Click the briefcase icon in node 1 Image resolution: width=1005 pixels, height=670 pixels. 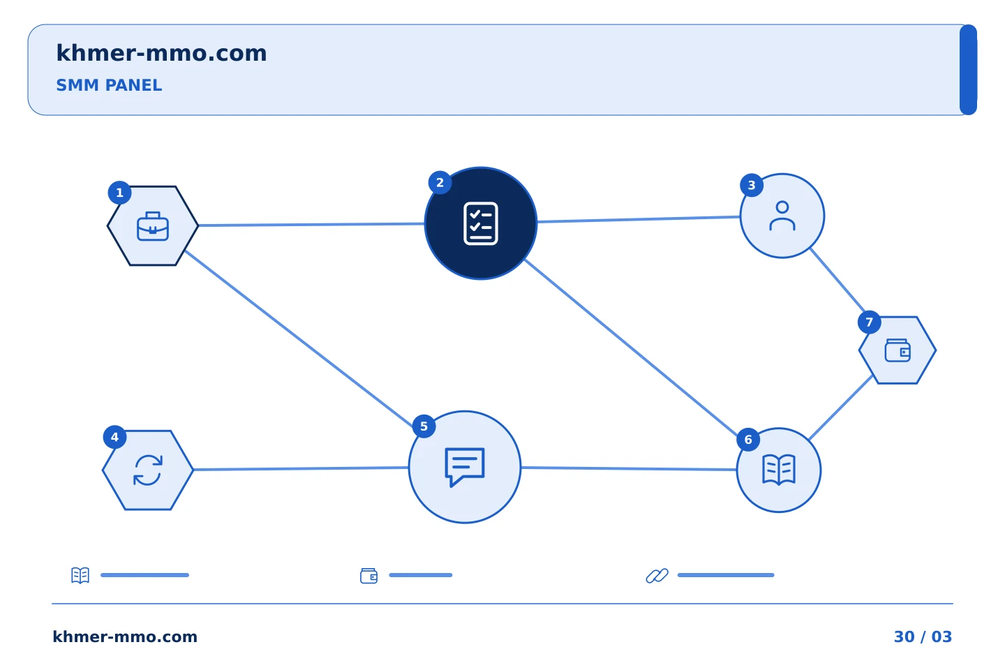point(153,226)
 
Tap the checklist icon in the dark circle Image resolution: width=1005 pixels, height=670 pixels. point(480,223)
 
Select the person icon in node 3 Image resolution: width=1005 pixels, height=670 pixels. point(782,216)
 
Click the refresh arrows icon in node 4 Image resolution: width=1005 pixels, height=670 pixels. point(148,470)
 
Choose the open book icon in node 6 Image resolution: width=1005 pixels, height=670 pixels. point(779,470)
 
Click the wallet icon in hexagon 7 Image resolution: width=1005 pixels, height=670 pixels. point(898,350)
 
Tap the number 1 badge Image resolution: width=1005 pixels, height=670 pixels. point(119,193)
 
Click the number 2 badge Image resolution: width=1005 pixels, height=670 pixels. point(440,183)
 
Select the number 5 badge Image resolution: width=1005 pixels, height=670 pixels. point(424,426)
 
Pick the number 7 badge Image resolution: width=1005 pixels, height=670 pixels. point(869,322)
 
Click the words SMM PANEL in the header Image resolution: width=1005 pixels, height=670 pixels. point(109,85)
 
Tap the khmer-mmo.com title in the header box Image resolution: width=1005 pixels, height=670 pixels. point(161,53)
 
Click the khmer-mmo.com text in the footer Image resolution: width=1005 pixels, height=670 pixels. point(125,636)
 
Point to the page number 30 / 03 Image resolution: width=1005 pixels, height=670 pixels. point(923,636)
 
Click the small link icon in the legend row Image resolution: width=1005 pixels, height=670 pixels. point(657,576)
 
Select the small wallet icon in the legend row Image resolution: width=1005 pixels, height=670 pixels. point(368,576)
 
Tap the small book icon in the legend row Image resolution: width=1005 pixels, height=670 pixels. point(80,575)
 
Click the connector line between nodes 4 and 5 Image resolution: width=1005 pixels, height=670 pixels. point(301,469)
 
